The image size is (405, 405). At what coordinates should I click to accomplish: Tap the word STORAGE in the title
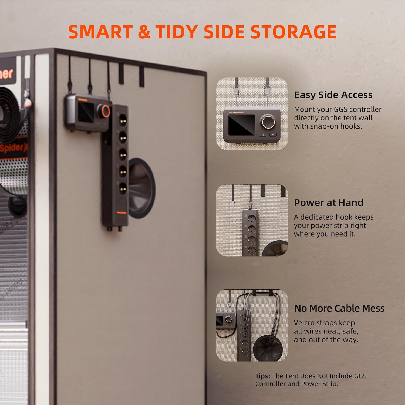pos(293,32)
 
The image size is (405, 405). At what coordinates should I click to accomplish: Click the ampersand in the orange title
pos(144,32)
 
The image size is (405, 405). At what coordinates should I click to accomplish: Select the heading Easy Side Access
pos(333,95)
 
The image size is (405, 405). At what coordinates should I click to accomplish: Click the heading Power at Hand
pos(329,202)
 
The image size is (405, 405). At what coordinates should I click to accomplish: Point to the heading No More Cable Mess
pos(339,308)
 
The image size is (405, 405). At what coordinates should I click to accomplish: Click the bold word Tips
pos(263,376)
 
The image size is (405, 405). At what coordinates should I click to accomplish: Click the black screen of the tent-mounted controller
pos(86,112)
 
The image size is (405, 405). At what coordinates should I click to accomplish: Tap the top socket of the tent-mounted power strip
pos(123,118)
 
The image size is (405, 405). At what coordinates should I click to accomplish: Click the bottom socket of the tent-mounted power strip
pos(123,187)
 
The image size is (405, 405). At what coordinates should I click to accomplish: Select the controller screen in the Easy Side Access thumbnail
pos(242,125)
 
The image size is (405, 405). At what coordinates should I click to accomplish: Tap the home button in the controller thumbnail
pos(263,135)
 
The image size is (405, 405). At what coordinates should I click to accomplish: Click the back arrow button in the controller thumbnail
pos(273,135)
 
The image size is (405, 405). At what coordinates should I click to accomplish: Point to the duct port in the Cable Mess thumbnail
pos(269,348)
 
